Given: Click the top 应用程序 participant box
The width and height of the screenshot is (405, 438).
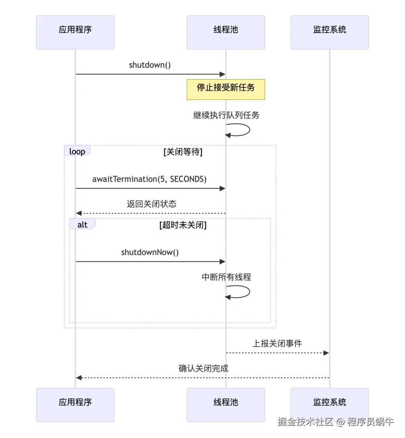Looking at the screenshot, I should [x=75, y=32].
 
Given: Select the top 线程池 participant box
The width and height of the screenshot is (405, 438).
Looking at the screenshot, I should [x=226, y=32].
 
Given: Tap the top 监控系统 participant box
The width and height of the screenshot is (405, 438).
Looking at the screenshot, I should [x=330, y=32].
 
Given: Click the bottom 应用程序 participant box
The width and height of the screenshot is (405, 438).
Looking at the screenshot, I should [x=75, y=405].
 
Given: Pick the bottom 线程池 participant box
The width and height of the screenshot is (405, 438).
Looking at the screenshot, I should [x=226, y=405].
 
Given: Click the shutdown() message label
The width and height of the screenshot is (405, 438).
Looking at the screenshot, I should [x=150, y=65].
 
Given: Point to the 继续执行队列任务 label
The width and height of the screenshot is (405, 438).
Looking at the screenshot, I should [x=226, y=115].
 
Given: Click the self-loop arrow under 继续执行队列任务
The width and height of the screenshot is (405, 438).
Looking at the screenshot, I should [x=240, y=130].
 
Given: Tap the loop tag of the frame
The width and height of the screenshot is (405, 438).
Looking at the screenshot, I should [x=77, y=151].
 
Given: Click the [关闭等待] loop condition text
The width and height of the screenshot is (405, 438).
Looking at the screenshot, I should [x=183, y=152].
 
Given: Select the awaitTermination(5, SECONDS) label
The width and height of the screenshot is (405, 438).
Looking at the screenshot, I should [x=149, y=179].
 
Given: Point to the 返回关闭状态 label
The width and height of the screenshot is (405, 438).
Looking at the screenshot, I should [x=151, y=204].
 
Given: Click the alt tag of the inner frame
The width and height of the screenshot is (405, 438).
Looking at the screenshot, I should [x=82, y=225].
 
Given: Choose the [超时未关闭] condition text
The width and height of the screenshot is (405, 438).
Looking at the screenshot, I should [x=183, y=225].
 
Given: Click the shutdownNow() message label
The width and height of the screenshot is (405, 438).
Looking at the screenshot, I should [x=150, y=252].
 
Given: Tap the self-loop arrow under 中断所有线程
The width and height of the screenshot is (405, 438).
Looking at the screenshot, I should [x=240, y=292].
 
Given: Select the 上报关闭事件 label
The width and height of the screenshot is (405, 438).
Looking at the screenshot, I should [x=277, y=344].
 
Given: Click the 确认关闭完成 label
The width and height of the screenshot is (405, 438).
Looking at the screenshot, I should [x=203, y=368].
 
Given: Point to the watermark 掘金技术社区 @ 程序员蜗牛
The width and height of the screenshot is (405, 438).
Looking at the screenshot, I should [x=335, y=422].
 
